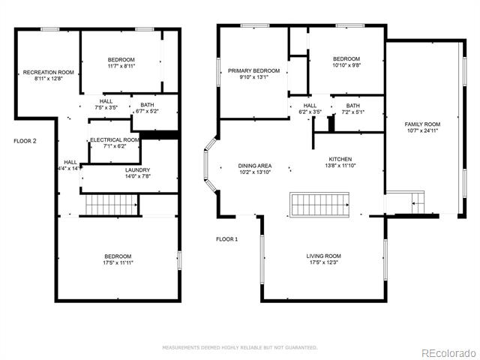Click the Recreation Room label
(48, 72)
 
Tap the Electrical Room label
(115, 140)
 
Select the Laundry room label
(137, 170)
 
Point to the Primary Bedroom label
(253, 70)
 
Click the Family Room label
(422, 124)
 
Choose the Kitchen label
(340, 159)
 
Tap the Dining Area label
(255, 166)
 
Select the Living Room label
(323, 256)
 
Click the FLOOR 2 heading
(25, 141)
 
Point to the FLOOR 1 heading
(226, 239)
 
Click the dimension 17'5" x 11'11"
(118, 262)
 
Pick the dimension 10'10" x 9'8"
(346, 65)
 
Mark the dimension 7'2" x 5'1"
(353, 112)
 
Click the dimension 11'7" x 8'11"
(121, 66)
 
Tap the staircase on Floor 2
(112, 205)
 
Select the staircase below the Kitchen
(319, 205)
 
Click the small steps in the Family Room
(418, 202)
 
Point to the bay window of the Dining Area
(211, 165)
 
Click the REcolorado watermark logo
(448, 353)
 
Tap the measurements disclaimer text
(240, 347)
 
